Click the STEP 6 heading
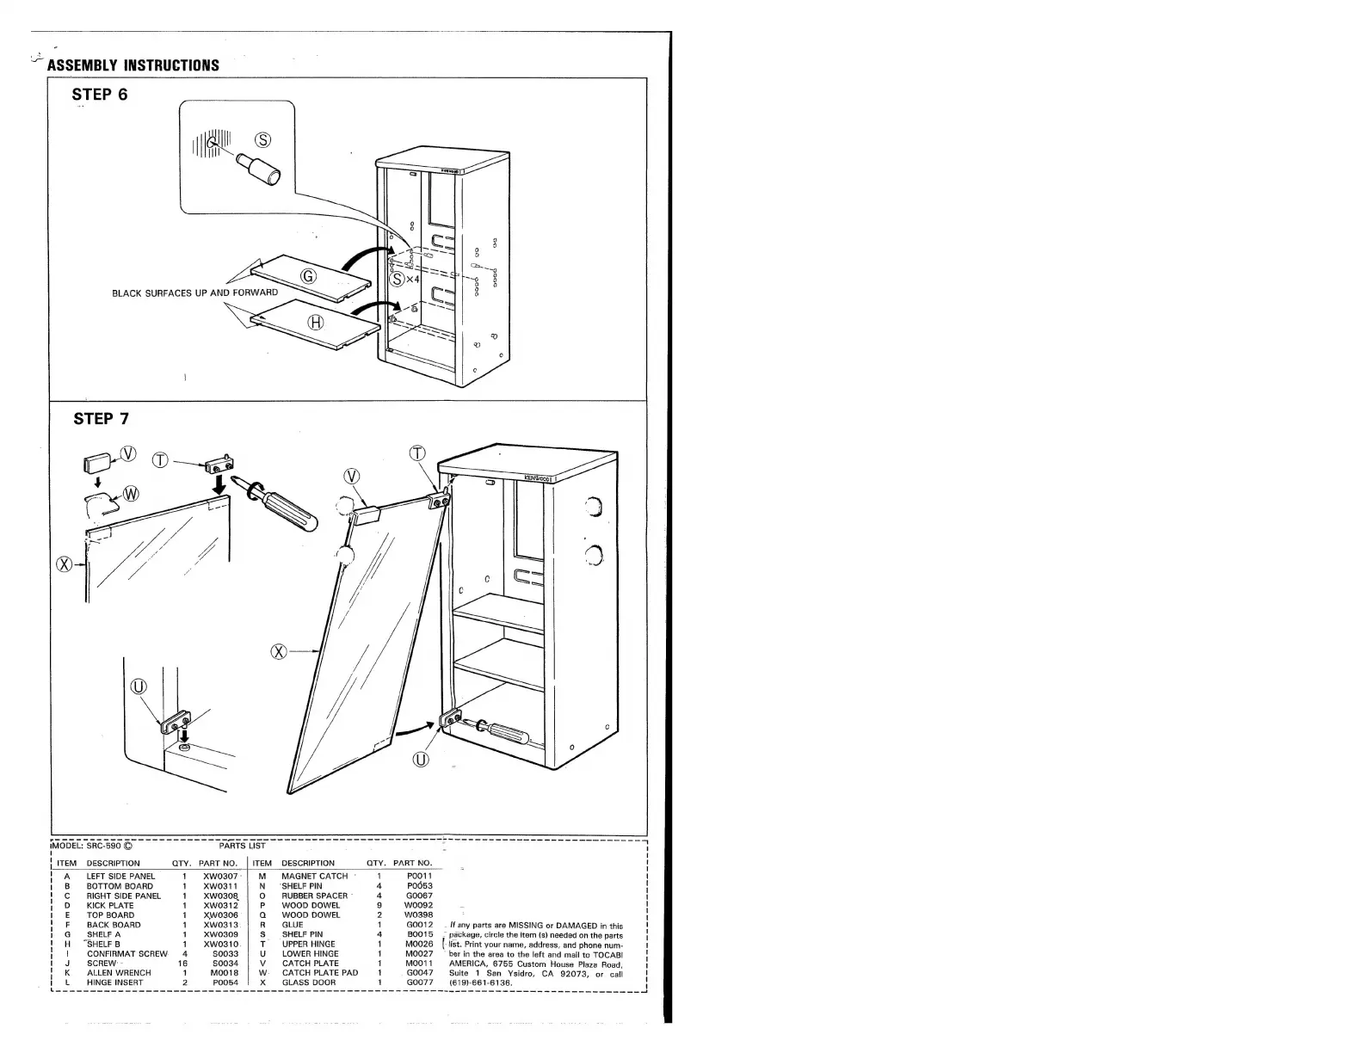click(100, 95)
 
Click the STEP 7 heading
click(102, 419)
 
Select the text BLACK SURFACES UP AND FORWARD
click(195, 292)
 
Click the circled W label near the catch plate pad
click(132, 494)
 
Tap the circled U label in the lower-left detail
click(139, 686)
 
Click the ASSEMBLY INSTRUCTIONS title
click(133, 65)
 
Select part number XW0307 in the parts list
click(220, 877)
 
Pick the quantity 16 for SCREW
click(183, 964)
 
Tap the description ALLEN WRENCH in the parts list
click(119, 973)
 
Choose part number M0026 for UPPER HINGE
click(419, 944)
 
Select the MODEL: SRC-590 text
click(91, 846)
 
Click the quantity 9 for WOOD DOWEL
click(379, 905)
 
